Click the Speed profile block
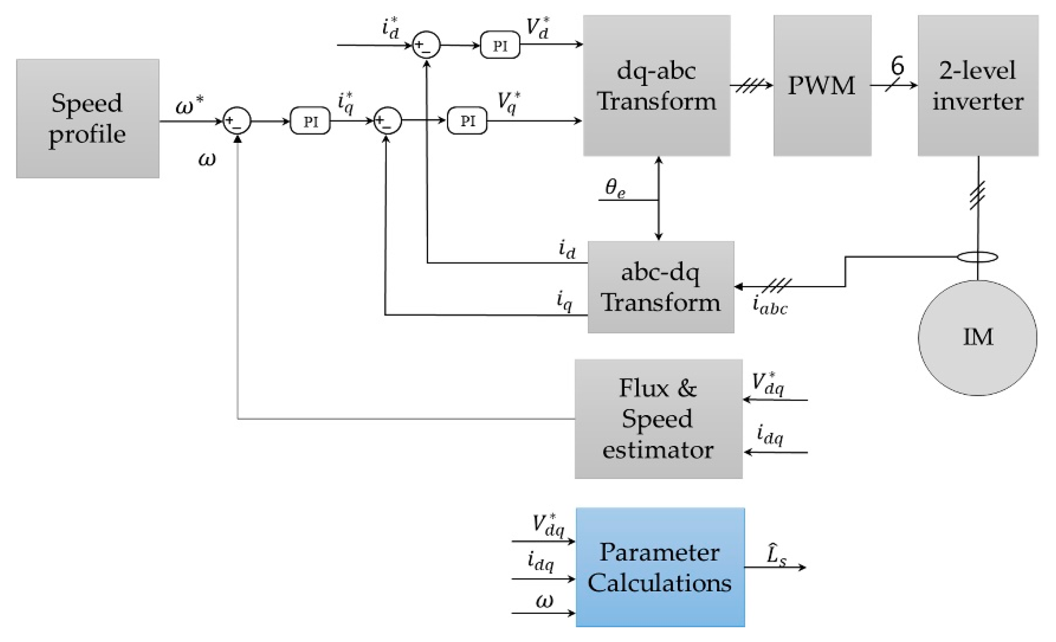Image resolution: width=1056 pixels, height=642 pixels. tap(88, 119)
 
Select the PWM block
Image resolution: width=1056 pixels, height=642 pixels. tap(822, 86)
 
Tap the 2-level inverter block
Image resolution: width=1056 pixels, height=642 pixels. tap(977, 86)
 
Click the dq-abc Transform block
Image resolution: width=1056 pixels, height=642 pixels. tap(656, 86)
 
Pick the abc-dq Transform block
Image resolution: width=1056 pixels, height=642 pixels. tap(660, 287)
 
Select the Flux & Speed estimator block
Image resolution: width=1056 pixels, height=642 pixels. tap(658, 418)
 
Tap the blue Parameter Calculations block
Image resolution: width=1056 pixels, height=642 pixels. tap(660, 567)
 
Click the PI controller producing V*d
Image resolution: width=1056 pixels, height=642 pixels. tap(500, 45)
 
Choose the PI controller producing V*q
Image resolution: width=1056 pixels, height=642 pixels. tap(467, 121)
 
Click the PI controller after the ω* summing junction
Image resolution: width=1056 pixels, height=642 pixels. tap(310, 121)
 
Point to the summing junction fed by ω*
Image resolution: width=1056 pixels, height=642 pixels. tap(236, 121)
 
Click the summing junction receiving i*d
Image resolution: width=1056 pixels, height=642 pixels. tap(426, 45)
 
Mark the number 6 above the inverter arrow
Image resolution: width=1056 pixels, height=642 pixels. tap(897, 66)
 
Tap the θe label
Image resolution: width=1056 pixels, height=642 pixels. tap(615, 188)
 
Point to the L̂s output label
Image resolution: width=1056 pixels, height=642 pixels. tap(776, 556)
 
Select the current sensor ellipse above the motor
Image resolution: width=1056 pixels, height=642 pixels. tap(977, 257)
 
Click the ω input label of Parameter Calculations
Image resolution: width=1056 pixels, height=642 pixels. tap(544, 602)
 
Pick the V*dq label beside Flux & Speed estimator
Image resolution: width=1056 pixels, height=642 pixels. tap(767, 384)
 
